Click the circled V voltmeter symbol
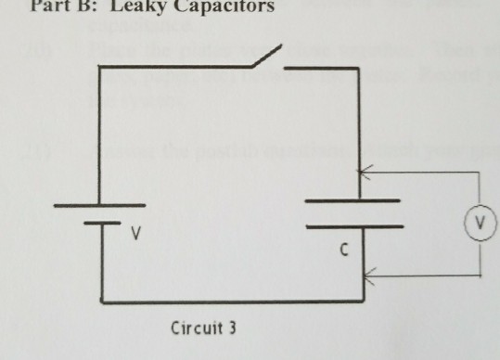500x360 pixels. (480, 223)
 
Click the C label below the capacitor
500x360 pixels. (343, 248)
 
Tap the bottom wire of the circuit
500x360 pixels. (232, 301)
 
